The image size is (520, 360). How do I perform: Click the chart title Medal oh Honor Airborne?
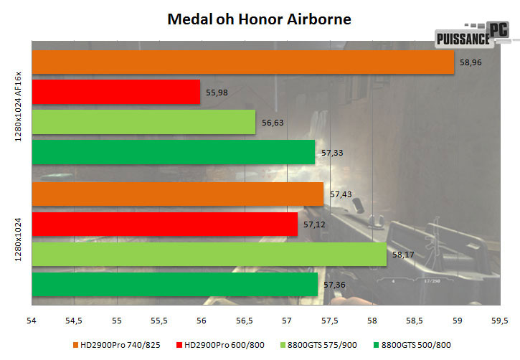point(259,18)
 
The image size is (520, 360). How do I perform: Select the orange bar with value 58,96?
point(243,62)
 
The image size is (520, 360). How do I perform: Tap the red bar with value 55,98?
point(115,92)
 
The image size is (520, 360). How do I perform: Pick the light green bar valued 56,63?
point(143,122)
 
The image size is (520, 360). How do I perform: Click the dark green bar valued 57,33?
point(174,152)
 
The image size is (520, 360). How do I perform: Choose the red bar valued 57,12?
point(164,224)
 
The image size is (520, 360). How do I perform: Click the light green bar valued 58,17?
point(209,255)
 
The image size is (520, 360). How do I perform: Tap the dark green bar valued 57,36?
point(174,285)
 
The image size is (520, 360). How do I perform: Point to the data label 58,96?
point(470,62)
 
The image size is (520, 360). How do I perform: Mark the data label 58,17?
point(404,255)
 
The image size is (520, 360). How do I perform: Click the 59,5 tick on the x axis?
point(500,320)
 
